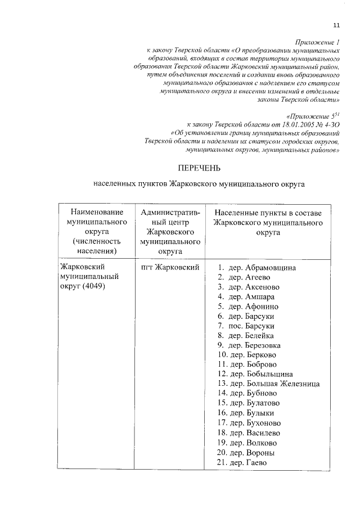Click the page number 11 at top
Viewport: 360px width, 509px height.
(337, 24)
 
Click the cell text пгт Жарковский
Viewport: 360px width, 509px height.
(170, 267)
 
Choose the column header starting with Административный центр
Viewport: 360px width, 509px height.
(170, 231)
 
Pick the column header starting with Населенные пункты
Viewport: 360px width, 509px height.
(268, 222)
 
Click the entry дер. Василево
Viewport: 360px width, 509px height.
(251, 433)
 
